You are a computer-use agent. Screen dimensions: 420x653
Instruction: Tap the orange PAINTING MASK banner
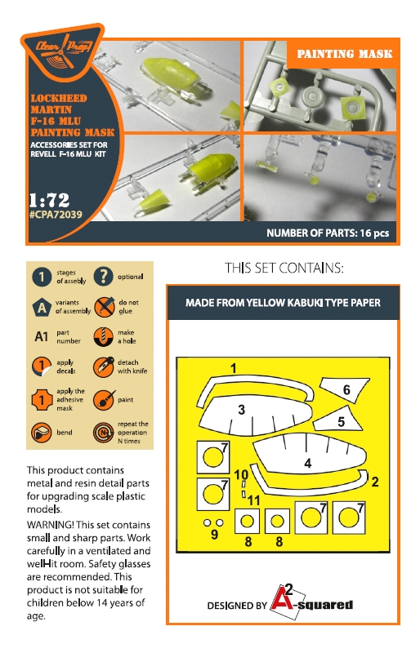[x=343, y=54]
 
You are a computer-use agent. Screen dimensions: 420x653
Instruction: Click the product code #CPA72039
[x=56, y=215]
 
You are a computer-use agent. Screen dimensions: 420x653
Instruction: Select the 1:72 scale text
[x=49, y=200]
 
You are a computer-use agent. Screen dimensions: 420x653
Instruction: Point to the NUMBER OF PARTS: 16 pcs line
[x=328, y=233]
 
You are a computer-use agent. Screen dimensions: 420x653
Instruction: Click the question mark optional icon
[x=104, y=276]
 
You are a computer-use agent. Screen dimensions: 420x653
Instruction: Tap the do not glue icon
[x=104, y=307]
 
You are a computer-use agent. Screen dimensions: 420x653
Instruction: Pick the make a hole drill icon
[x=103, y=336]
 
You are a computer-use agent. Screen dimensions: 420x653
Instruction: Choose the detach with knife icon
[x=104, y=366]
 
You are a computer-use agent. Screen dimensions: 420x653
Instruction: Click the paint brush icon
[x=104, y=400]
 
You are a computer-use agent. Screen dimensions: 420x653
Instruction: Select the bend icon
[x=42, y=433]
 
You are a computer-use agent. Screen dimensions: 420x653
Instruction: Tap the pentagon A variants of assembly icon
[x=42, y=308]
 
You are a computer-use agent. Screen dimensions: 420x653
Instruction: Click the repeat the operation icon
[x=104, y=433]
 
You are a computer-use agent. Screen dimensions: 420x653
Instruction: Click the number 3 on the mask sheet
[x=242, y=410]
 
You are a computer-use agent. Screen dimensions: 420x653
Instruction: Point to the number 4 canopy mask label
[x=308, y=463]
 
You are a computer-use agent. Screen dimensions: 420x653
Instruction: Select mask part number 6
[x=345, y=389]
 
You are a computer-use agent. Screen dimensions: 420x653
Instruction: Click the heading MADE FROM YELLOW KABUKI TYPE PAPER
[x=284, y=303]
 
